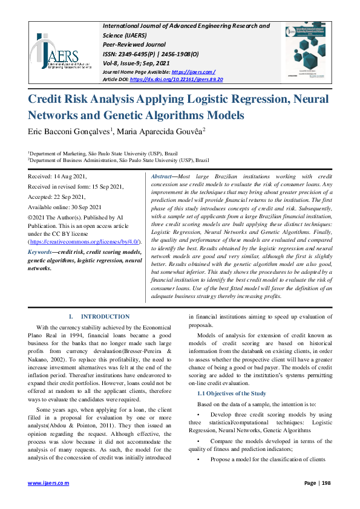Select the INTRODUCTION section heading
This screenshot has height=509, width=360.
tap(105, 317)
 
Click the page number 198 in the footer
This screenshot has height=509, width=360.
tap(326, 482)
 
